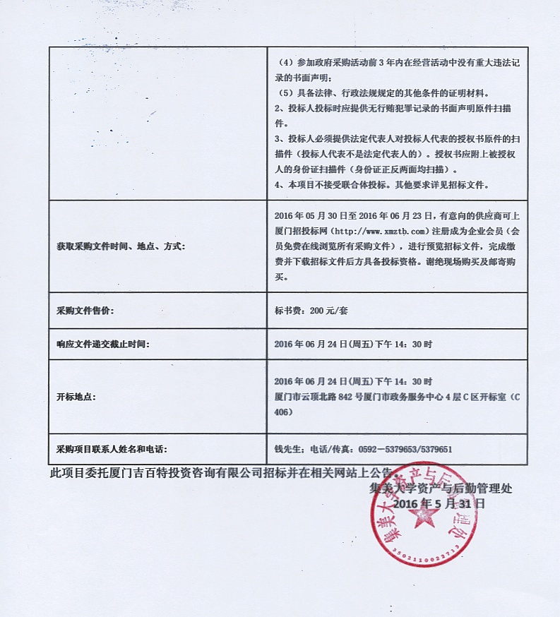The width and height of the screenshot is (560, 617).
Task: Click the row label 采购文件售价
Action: [x=85, y=311]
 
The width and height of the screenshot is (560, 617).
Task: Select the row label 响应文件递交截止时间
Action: [x=103, y=345]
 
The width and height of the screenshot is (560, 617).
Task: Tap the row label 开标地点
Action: [x=77, y=397]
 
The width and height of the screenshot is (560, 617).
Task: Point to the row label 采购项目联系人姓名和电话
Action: [x=112, y=448]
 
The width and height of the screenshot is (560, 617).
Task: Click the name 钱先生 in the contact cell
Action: [x=288, y=448]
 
